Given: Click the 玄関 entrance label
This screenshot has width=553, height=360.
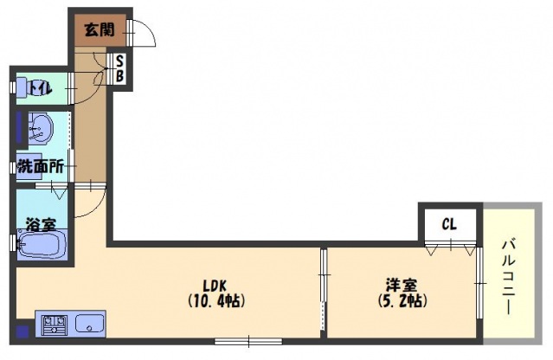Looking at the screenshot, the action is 100,30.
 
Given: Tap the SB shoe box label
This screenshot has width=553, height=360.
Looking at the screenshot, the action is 119,69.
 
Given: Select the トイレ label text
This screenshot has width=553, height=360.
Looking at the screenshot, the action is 41,88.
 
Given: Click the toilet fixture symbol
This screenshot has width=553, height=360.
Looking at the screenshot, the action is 21,87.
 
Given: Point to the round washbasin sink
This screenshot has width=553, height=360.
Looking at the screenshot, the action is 40,127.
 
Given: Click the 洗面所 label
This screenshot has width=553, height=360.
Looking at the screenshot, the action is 41,166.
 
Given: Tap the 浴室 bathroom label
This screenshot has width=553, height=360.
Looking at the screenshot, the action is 42,225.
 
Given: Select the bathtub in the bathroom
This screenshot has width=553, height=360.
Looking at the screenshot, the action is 42,244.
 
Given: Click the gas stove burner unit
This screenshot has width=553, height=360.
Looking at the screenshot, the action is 55,325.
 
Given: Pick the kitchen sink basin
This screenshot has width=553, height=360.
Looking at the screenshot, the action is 90,324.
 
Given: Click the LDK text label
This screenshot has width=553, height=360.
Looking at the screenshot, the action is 215,285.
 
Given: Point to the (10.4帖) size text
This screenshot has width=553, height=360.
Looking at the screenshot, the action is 215,301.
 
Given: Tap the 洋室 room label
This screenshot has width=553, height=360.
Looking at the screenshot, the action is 402,285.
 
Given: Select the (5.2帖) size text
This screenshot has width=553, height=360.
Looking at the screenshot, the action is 402,301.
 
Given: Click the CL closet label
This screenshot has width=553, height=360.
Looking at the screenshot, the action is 449,224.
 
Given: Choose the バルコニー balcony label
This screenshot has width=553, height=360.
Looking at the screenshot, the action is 509,276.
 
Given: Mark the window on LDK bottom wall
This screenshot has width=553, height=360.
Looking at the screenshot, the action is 248,341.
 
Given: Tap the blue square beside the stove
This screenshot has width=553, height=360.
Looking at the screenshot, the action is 23,331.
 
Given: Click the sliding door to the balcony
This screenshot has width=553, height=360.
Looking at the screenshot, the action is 479,282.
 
